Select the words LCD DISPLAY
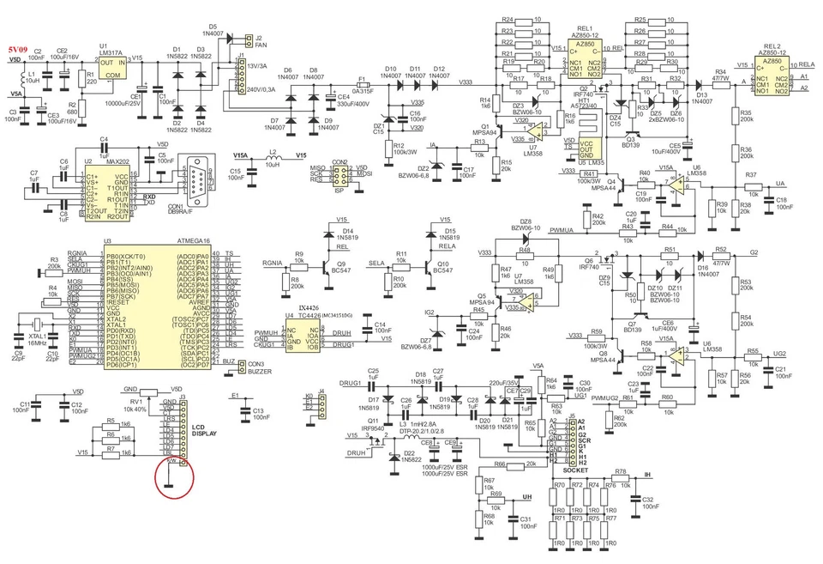204,430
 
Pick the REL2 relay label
771,45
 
